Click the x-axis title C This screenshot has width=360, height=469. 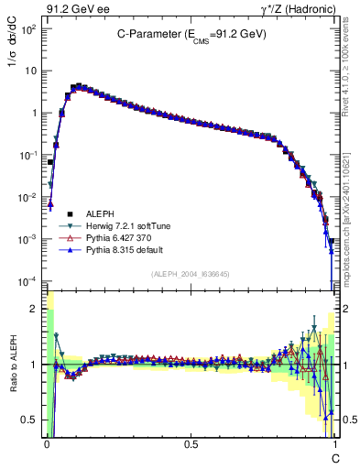[x=334, y=456]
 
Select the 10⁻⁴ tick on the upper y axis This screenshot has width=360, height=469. [x=27, y=281]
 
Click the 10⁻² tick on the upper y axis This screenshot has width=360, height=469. [x=27, y=197]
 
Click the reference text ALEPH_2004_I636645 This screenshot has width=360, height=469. [x=190, y=275]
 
